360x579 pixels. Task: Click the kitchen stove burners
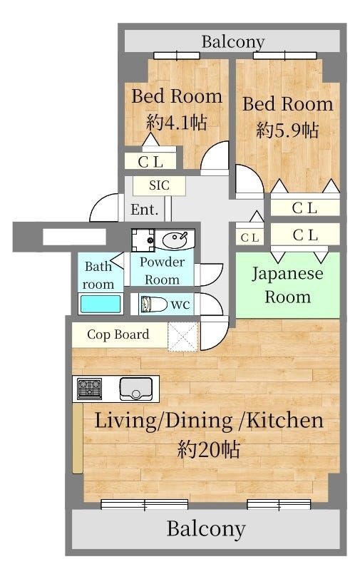[89, 389]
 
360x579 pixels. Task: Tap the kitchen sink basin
[136, 389]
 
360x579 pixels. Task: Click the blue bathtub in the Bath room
[101, 304]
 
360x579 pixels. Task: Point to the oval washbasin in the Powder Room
[175, 240]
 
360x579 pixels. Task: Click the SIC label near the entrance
[159, 185]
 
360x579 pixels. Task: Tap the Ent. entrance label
[145, 210]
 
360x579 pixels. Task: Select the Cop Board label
[118, 334]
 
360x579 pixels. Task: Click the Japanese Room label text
[287, 285]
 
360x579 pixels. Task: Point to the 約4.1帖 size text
[177, 122]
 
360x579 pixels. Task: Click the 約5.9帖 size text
[287, 130]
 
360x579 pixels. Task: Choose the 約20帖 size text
[209, 449]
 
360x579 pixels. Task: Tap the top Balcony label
[233, 42]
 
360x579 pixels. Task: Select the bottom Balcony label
[206, 528]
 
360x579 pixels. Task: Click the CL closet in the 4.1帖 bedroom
[150, 161]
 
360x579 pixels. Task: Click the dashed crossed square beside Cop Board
[182, 337]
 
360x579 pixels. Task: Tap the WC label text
[180, 305]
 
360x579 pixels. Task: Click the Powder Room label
[162, 270]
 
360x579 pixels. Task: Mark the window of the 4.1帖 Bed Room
[177, 56]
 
